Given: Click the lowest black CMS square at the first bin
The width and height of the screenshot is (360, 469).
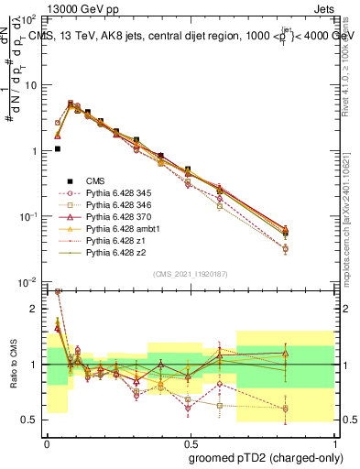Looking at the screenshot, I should click(58, 148).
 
